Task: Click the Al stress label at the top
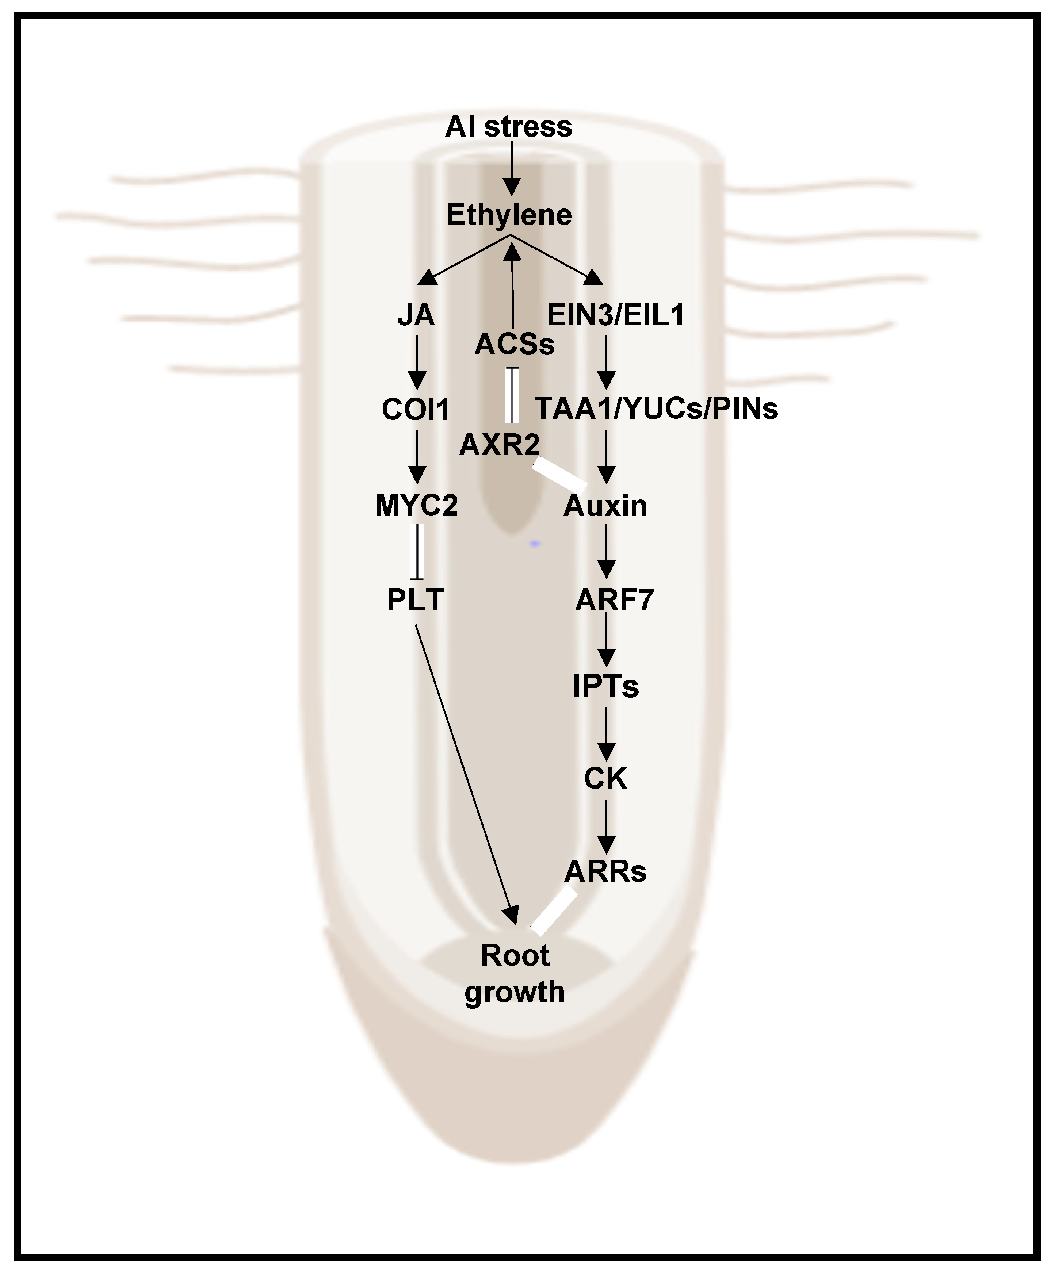509,127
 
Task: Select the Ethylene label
509,215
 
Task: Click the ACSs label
515,344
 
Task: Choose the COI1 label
416,410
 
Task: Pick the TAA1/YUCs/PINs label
656,409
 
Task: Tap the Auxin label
605,506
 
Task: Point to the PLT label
416,600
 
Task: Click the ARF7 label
615,600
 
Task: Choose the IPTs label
605,686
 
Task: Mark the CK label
605,778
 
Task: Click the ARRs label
605,872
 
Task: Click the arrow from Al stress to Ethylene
512,169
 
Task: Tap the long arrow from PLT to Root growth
466,775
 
